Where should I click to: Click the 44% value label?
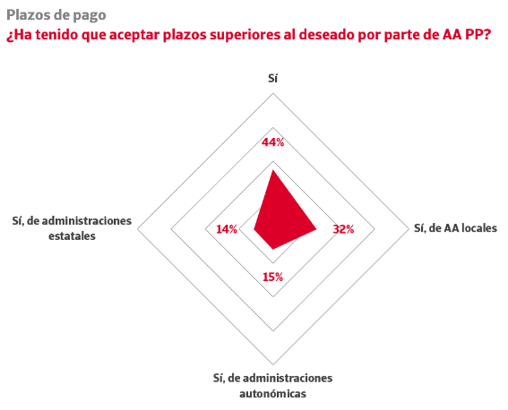coord(272,142)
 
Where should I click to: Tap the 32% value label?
coord(343,229)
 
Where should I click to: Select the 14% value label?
coord(227,229)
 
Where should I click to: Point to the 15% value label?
coord(272,277)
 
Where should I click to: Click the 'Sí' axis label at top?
coord(272,78)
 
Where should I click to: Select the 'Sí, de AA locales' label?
coord(455,228)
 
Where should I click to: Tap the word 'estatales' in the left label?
coord(72,236)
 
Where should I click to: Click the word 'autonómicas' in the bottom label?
coord(272,394)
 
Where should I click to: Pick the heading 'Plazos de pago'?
coord(56,15)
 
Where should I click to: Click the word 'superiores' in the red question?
coord(245,35)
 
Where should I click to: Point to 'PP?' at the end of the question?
coord(478,34)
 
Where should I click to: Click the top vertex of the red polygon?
coord(273,169)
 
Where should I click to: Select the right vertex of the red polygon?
coord(316,229)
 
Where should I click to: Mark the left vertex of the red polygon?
coord(254,229)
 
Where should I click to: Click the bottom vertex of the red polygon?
coord(273,249)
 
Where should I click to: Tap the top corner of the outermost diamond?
coord(273,93)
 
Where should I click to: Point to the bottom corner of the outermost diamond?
coord(273,364)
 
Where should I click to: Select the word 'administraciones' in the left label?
coord(87,221)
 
